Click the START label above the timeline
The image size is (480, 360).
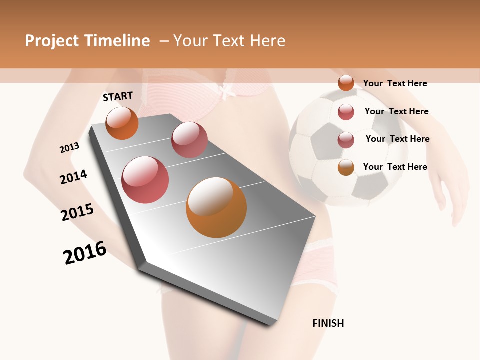[x=118, y=96]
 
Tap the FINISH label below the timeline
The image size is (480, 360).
[x=328, y=323]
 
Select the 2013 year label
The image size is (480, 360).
[x=69, y=148]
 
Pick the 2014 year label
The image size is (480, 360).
[x=73, y=177]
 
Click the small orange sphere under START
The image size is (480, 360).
[x=122, y=123]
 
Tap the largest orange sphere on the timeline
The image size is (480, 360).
[x=216, y=207]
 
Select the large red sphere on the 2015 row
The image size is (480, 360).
[x=145, y=180]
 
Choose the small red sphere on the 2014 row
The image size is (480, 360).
[x=189, y=140]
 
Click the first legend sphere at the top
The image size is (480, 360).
[x=346, y=83]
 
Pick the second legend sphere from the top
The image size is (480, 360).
[x=346, y=112]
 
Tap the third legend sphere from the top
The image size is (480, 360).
[x=346, y=140]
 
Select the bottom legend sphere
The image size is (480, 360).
[x=346, y=167]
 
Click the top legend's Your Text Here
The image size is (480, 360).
[x=395, y=83]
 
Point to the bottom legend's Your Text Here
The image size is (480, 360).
[x=395, y=167]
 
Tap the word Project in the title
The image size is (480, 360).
[x=52, y=41]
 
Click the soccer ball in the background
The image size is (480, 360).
[x=345, y=145]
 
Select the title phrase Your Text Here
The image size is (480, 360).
[x=229, y=41]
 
